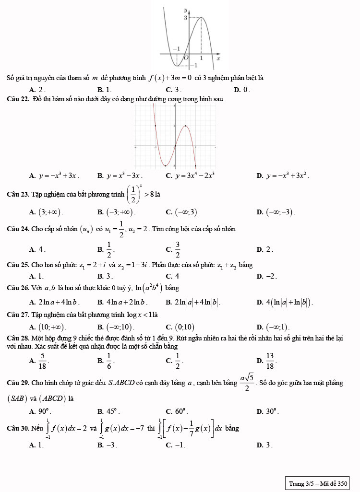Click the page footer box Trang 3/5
click(x=317, y=483)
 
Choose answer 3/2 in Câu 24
click(x=177, y=248)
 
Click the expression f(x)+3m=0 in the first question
click(x=170, y=78)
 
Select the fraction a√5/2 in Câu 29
click(x=247, y=382)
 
